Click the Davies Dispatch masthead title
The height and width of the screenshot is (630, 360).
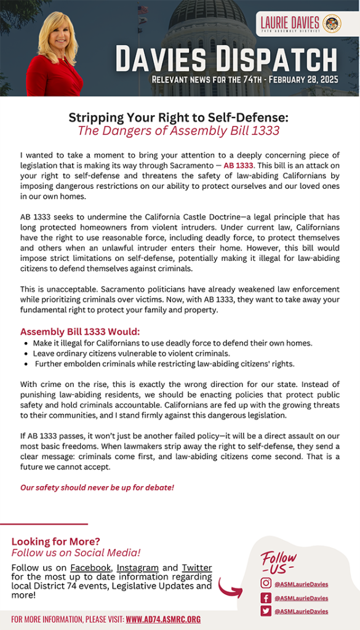[226, 60]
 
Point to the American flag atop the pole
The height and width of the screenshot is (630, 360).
[142, 10]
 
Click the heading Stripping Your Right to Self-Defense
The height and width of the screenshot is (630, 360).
[178, 117]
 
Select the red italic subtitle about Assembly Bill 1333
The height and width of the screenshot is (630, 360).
[178, 130]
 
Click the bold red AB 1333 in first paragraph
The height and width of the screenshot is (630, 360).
[238, 166]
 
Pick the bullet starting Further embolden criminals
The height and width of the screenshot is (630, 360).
[164, 364]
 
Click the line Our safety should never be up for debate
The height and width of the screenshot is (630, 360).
[97, 487]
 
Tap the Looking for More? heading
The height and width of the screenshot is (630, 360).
[55, 541]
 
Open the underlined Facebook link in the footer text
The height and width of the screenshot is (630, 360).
[90, 567]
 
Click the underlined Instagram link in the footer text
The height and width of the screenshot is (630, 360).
[138, 567]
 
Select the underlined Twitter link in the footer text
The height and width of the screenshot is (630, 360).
[197, 567]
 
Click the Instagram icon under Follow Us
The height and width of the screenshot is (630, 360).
[266, 584]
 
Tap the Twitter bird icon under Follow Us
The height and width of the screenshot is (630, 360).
[266, 611]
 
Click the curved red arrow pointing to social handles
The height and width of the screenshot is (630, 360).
[230, 587]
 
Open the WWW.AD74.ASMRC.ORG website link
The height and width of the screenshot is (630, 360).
[163, 619]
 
